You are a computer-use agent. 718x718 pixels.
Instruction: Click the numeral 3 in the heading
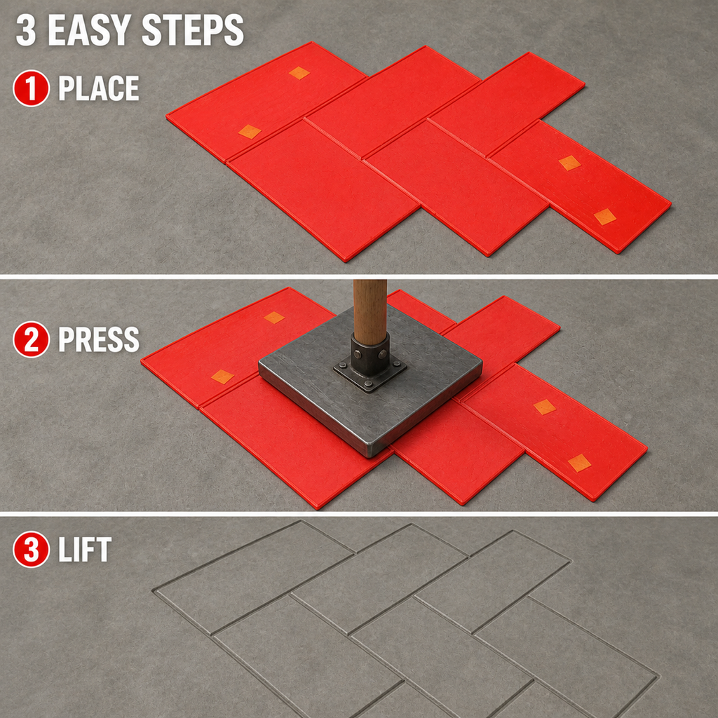click(x=26, y=29)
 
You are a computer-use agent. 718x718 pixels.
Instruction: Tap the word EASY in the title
click(x=90, y=29)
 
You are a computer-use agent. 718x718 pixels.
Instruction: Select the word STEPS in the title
click(x=192, y=29)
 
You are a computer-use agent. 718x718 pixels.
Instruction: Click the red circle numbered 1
click(x=31, y=88)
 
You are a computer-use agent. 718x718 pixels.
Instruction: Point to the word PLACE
click(x=98, y=88)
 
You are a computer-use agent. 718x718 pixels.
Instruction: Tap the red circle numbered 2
click(x=31, y=339)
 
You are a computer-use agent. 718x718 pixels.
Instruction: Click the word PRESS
click(x=98, y=339)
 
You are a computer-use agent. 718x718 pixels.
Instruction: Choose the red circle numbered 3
click(x=31, y=549)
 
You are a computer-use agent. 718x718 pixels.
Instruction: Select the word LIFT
click(x=85, y=549)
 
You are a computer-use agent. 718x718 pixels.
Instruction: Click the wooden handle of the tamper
click(x=370, y=311)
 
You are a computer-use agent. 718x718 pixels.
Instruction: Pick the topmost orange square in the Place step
click(x=299, y=73)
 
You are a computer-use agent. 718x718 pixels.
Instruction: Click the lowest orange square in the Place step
click(x=605, y=217)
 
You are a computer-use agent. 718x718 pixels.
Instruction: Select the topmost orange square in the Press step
click(x=274, y=318)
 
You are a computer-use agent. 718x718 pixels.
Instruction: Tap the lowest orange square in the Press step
click(x=580, y=463)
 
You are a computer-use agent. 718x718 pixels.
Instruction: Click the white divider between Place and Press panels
click(x=359, y=276)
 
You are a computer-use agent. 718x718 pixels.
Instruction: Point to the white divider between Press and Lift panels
click(x=359, y=514)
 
